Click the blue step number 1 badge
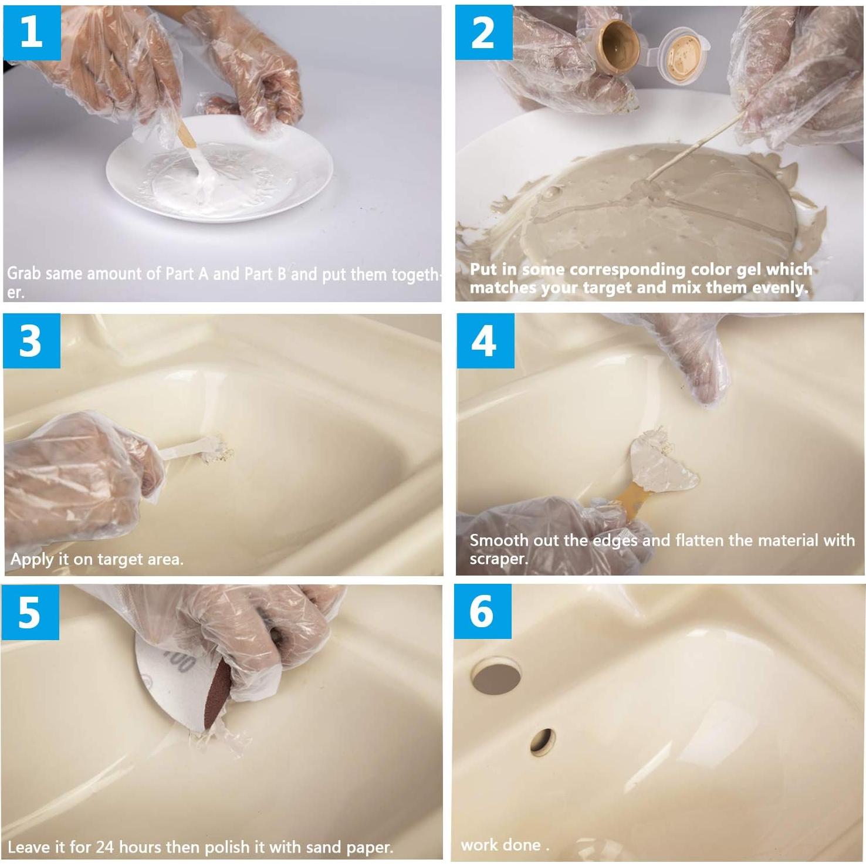point(32,32)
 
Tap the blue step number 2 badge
point(483,33)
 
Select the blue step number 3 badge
point(32,341)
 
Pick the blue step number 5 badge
point(30,613)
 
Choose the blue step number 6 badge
point(482,611)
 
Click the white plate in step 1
point(220,170)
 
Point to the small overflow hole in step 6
point(543,742)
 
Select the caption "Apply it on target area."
point(97,559)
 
